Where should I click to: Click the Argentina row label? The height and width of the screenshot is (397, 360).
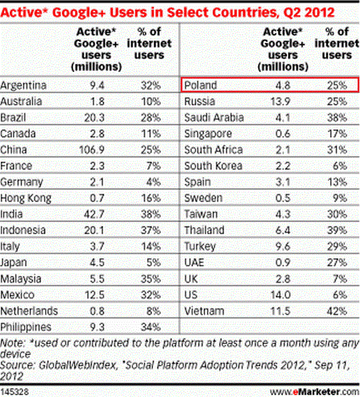pos(25,85)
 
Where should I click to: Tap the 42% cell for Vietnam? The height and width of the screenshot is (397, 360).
pos(337,311)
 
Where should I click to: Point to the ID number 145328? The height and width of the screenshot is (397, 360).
pos(16,391)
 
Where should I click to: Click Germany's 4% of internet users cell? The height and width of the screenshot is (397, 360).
pos(155,182)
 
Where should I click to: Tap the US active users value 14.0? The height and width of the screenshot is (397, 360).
pos(283,295)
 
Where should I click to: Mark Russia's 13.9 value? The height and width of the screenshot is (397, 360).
pos(283,101)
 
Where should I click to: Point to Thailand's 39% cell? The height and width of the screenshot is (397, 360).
pos(337,230)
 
